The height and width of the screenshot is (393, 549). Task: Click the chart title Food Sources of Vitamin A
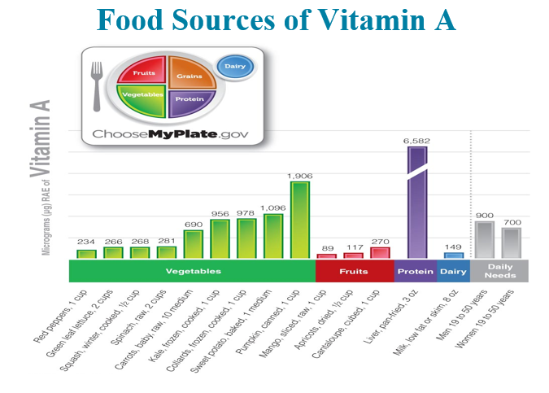[x=274, y=19]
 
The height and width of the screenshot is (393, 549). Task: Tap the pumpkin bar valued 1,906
[x=300, y=220]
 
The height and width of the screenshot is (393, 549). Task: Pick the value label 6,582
[x=416, y=141]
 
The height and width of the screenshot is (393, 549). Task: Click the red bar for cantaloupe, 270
[x=380, y=252]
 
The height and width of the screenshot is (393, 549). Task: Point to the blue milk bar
[x=454, y=255]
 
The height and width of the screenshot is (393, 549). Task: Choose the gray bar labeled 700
[x=512, y=242]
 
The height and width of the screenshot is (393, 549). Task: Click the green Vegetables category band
[x=193, y=271]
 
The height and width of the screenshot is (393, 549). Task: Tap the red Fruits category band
[x=354, y=271]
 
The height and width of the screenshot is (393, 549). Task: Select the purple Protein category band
[x=415, y=271]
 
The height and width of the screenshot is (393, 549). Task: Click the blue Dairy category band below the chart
[x=453, y=271]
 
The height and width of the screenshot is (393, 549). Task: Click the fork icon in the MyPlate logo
[x=96, y=85]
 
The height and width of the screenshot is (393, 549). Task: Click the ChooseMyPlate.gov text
[x=170, y=133]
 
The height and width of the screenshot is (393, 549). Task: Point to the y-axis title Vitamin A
[x=40, y=138]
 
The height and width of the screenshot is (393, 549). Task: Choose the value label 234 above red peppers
[x=86, y=242]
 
